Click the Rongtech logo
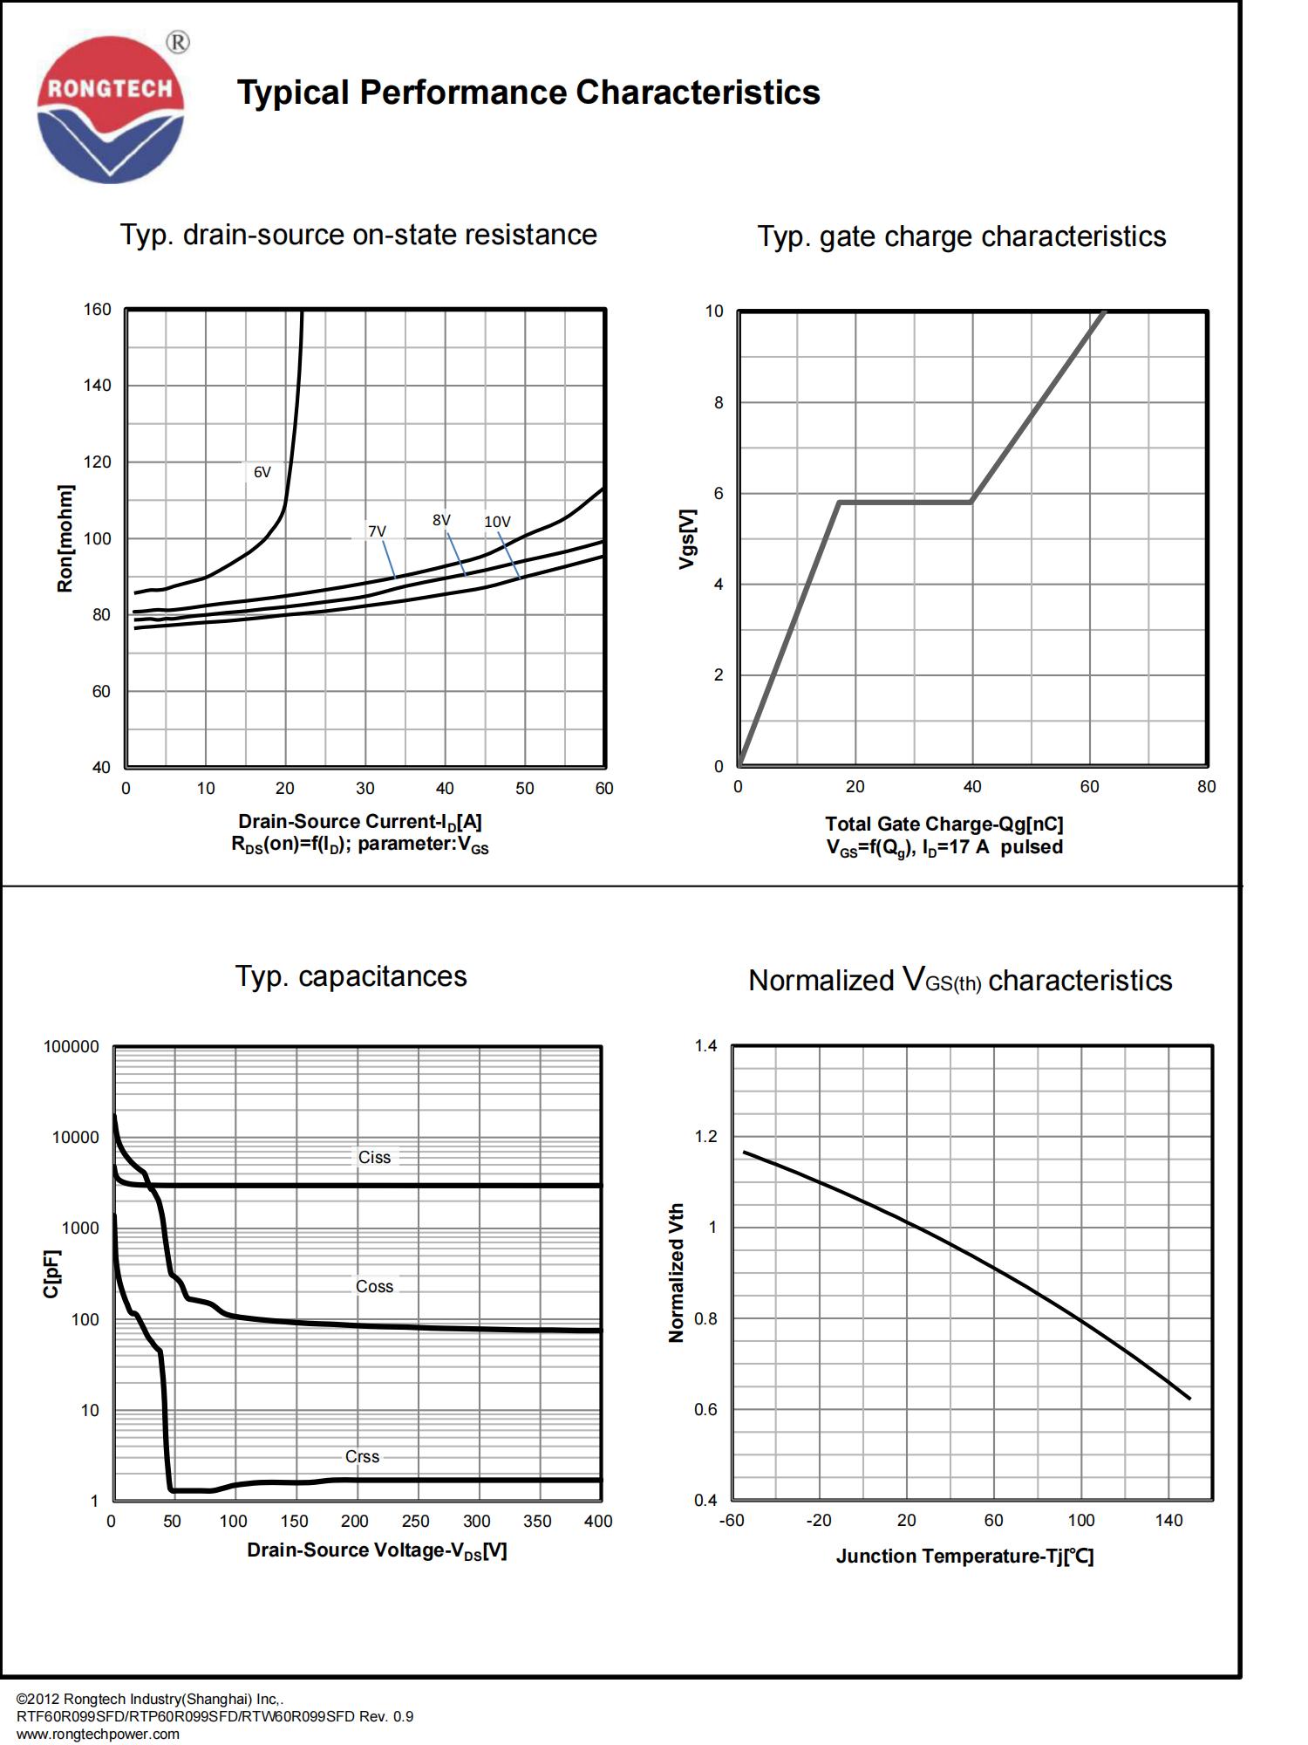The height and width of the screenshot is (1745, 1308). coord(111,109)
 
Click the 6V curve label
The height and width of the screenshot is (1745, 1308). coord(262,472)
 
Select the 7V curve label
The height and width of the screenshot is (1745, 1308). coord(377,531)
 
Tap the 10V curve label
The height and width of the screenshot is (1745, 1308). coord(497,522)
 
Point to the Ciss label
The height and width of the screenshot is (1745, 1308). coord(374,1157)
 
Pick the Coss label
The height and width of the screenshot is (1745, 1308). coord(374,1286)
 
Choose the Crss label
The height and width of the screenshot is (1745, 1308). coord(362,1456)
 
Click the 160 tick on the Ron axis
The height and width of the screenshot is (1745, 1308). coord(98,310)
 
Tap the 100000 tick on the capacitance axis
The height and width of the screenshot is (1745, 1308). coord(72,1046)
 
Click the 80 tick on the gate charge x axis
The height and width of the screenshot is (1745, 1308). coord(1206,786)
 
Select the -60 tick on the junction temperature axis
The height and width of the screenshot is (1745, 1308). coord(732,1520)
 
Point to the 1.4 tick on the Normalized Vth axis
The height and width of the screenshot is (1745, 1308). coord(705,1045)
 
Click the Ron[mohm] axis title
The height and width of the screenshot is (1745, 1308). coord(65,538)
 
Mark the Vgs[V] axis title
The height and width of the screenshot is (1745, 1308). coord(687,538)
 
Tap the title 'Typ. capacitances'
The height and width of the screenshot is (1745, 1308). coord(351,975)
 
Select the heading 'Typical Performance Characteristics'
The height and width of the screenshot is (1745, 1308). coord(528,92)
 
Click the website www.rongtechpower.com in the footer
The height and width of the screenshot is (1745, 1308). coord(98,1734)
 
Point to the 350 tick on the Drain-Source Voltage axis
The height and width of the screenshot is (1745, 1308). coord(537,1521)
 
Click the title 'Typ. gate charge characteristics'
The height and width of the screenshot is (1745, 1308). coord(961,236)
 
